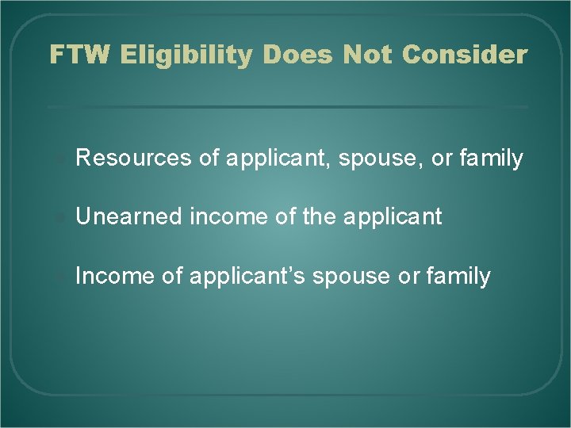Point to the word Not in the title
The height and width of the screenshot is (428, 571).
(369, 55)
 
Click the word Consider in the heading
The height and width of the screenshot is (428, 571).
(464, 55)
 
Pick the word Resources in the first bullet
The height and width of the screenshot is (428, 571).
(132, 159)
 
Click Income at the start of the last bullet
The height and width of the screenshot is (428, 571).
(109, 276)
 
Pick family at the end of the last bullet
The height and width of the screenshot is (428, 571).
(458, 276)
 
